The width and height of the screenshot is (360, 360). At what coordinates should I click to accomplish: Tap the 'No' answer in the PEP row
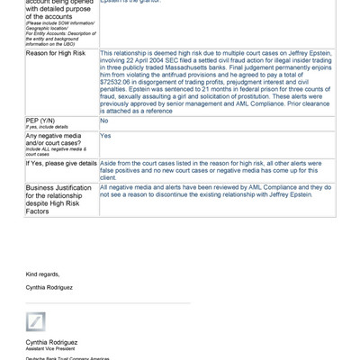(x=104, y=121)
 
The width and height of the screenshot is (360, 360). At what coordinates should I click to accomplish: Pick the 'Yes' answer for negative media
(x=105, y=136)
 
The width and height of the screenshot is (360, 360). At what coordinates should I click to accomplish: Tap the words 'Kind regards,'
(x=43, y=273)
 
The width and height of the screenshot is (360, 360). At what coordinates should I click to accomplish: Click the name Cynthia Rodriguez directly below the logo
(x=51, y=343)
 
